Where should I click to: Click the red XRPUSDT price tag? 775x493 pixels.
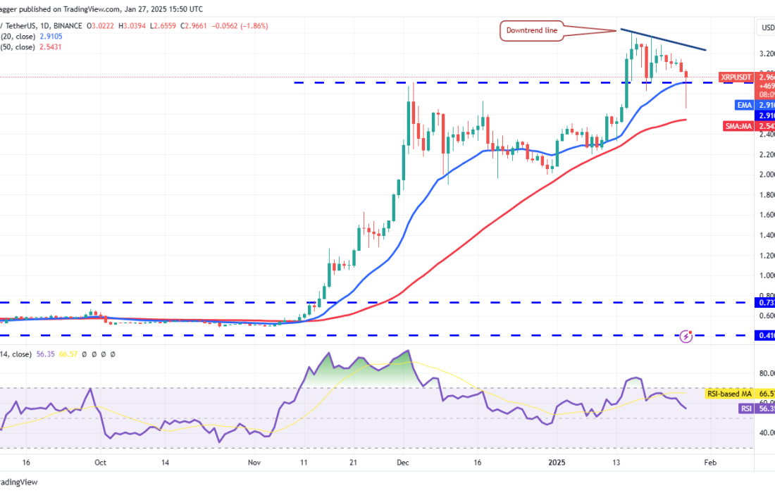pyautogui.click(x=736, y=76)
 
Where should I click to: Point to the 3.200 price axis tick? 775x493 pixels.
pyautogui.click(x=765, y=53)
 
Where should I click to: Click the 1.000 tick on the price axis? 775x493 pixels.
pyautogui.click(x=765, y=275)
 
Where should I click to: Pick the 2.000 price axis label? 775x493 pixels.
pyautogui.click(x=765, y=174)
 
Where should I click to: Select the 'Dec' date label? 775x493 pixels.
pyautogui.click(x=403, y=463)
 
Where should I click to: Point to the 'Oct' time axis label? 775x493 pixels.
pyautogui.click(x=100, y=463)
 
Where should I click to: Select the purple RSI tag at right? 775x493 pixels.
pyautogui.click(x=745, y=408)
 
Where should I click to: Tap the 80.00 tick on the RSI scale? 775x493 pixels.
pyautogui.click(x=765, y=373)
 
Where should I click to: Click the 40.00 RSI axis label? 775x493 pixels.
pyautogui.click(x=765, y=432)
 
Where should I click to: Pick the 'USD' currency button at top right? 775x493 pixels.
pyautogui.click(x=767, y=27)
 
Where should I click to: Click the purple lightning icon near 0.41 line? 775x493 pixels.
pyautogui.click(x=687, y=337)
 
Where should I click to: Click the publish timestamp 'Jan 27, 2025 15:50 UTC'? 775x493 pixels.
pyautogui.click(x=163, y=9)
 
